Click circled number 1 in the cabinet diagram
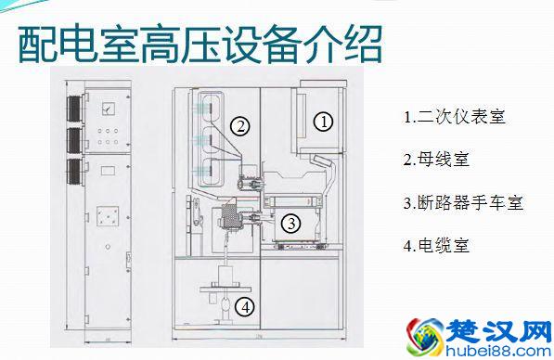coord(323,121)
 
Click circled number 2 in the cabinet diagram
coord(239,127)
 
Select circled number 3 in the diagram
coord(291,223)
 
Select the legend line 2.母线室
coord(436,159)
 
